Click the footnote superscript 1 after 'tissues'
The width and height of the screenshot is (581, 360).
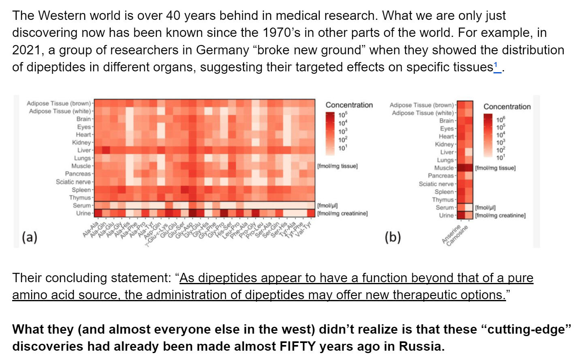[x=496, y=65]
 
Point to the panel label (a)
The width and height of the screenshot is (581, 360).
[x=30, y=237]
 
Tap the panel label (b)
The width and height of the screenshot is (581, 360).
[x=392, y=237]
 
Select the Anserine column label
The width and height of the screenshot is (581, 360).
[x=451, y=235]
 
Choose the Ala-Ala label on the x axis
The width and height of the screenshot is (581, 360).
[x=90, y=229]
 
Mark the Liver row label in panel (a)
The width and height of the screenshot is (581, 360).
[x=84, y=150]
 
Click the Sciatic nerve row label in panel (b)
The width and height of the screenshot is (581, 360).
[x=436, y=184]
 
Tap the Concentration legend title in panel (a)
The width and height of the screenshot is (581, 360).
[x=349, y=105]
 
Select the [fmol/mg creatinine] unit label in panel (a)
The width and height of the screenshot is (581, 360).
[x=342, y=213]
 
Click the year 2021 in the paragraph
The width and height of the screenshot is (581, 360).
[x=27, y=50]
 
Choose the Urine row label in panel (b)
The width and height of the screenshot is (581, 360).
[x=446, y=215]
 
